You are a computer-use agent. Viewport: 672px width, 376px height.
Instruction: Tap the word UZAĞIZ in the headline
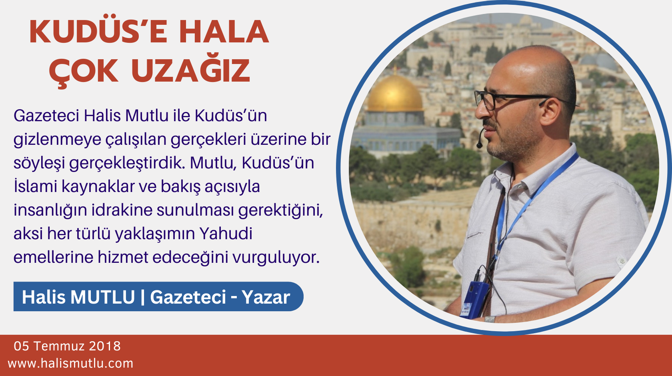click(x=190, y=71)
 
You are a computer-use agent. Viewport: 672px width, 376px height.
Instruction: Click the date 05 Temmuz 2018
click(x=67, y=346)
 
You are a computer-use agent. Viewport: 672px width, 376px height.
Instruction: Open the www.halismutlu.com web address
click(x=70, y=363)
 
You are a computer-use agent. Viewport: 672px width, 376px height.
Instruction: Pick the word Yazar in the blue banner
click(x=266, y=297)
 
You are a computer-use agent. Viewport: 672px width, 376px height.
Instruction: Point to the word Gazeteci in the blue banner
click(x=188, y=297)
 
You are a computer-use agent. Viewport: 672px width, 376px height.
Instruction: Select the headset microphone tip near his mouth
click(x=479, y=144)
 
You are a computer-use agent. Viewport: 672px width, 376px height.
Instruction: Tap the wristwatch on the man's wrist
click(x=490, y=319)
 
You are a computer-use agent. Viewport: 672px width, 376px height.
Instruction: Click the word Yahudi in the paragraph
click(x=226, y=234)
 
